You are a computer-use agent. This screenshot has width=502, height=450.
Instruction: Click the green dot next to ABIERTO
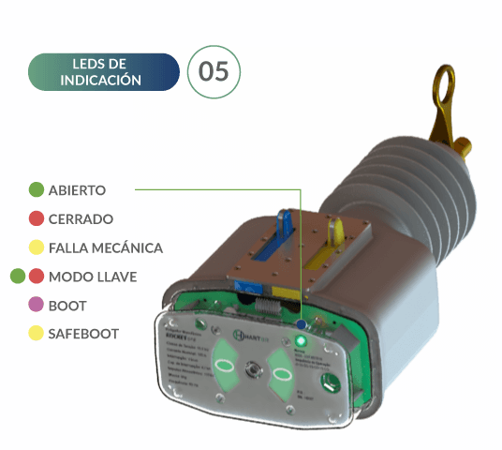click(x=36, y=190)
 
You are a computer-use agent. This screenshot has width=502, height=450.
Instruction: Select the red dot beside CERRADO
click(x=36, y=219)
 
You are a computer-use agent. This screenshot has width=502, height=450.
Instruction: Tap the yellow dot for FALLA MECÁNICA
click(x=36, y=248)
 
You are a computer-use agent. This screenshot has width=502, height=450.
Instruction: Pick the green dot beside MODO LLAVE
click(x=17, y=277)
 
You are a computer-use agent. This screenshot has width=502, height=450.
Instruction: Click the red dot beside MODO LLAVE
click(x=36, y=277)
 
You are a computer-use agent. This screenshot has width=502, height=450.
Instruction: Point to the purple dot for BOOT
click(x=36, y=305)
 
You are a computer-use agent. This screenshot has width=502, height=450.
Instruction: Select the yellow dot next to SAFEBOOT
click(x=36, y=333)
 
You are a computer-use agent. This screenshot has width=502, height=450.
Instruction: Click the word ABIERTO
click(x=77, y=190)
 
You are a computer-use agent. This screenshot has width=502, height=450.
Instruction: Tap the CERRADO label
click(x=81, y=219)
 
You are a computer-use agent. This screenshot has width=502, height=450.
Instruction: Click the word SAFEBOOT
click(x=83, y=333)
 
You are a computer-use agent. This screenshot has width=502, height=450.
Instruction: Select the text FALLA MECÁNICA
click(x=105, y=248)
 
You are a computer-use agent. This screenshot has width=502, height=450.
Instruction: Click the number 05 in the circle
click(x=214, y=71)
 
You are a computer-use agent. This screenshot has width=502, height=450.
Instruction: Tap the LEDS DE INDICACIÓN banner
click(x=102, y=71)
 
